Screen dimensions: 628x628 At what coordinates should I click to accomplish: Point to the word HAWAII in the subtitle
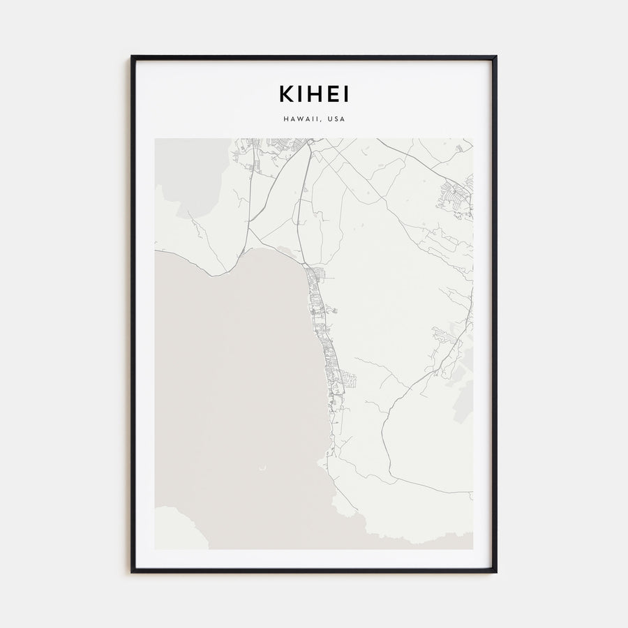point(302,119)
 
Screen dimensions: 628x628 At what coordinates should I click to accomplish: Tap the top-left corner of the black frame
point(133,57)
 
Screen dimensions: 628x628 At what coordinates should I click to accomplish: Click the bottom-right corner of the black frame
point(495,571)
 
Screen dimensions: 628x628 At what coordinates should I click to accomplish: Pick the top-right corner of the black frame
point(495,57)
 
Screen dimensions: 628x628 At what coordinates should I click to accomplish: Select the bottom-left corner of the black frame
point(133,571)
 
